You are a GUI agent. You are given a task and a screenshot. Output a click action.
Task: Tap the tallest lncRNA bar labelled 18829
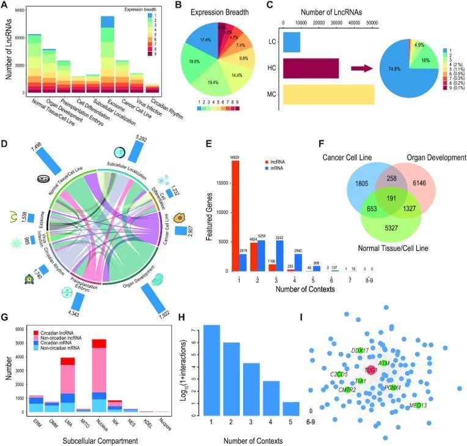tap(235, 216)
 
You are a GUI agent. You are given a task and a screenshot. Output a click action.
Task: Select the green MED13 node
tap(419, 406)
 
